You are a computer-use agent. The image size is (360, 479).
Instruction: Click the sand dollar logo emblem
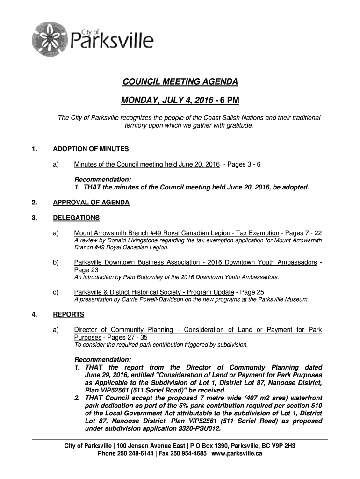tap(48, 38)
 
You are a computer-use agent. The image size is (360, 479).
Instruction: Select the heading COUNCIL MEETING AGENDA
tap(180, 82)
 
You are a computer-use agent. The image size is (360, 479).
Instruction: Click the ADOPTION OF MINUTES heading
tap(91, 149)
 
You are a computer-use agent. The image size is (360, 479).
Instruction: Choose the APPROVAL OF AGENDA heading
tap(91, 203)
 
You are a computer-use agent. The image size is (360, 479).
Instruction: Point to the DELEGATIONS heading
tap(76, 218)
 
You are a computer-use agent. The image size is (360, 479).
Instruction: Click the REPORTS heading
tap(69, 314)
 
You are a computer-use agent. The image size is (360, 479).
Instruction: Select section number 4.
tap(34, 314)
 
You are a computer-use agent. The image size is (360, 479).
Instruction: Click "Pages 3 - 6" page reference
tap(242, 165)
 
